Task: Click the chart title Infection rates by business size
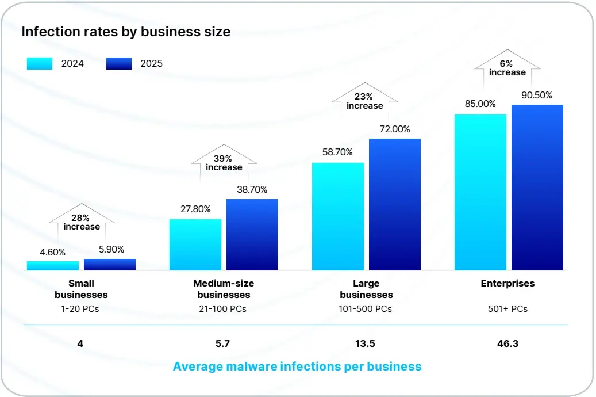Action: [126, 32]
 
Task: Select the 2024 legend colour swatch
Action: [40, 63]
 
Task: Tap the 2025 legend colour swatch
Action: [119, 63]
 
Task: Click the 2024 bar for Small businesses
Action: [53, 266]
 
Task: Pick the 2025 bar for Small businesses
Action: [110, 265]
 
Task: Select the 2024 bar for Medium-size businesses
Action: [195, 245]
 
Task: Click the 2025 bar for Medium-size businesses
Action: [252, 235]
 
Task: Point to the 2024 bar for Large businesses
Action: [338, 216]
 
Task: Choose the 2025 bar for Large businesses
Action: [395, 204]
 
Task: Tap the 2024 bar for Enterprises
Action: [480, 192]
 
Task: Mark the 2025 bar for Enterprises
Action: [537, 188]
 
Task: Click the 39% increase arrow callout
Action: [224, 162]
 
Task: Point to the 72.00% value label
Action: [395, 129]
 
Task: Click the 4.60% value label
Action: [53, 252]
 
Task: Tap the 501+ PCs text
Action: [507, 309]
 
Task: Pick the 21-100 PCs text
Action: [224, 309]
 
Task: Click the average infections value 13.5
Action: [366, 344]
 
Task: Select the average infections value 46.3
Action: [507, 344]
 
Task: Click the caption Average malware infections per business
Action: [297, 367]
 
